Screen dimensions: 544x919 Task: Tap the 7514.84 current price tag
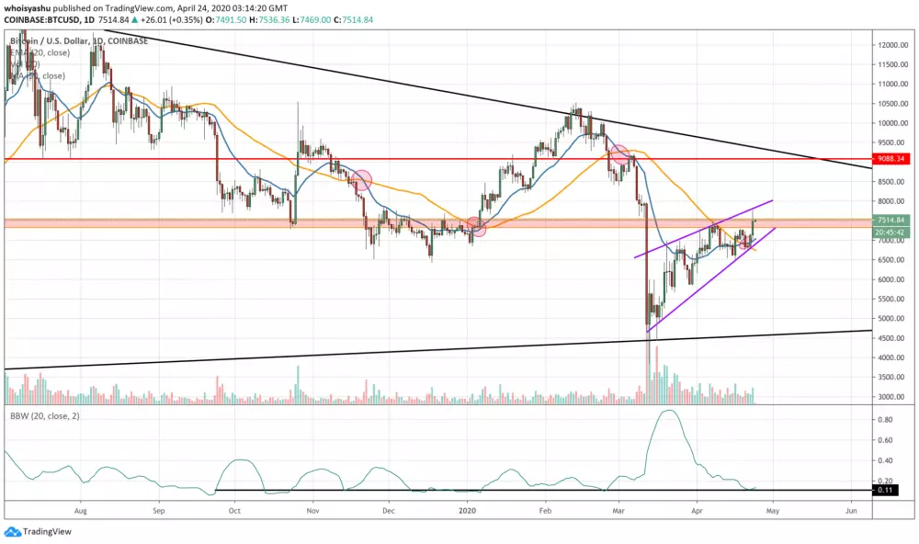[891, 221]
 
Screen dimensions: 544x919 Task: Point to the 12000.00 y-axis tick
[891, 45]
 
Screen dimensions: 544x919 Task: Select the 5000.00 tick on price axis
[889, 319]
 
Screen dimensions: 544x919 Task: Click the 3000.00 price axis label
[889, 397]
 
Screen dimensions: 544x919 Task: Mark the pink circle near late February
[619, 154]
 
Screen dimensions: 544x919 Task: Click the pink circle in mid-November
[361, 180]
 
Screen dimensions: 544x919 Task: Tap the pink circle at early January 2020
[475, 226]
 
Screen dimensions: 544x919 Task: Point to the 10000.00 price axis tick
[891, 123]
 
